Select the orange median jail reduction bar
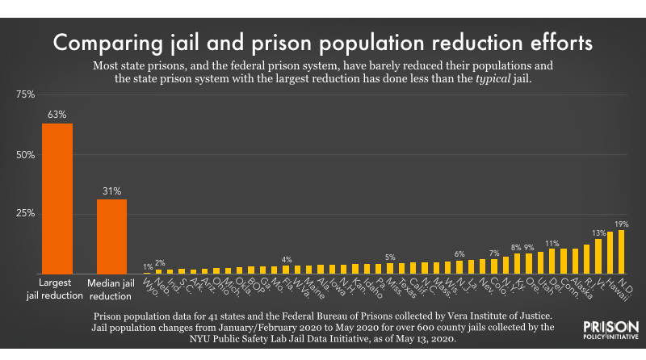(x=111, y=236)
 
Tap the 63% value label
(x=57, y=115)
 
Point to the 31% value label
(x=111, y=190)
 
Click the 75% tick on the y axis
(x=24, y=94)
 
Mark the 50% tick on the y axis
(x=24, y=154)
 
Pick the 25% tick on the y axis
(x=24, y=214)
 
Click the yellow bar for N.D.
(x=621, y=252)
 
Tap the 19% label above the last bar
(x=622, y=224)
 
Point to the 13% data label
(x=598, y=232)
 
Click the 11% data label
(x=552, y=242)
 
